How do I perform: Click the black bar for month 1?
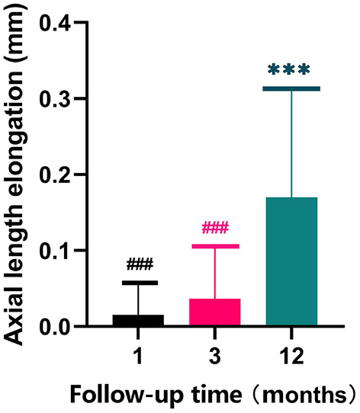138,321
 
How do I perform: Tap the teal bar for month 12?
291,262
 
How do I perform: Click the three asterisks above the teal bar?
290,71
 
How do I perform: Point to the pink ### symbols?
215,228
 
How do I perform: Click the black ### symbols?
140,264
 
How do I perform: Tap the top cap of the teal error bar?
291,89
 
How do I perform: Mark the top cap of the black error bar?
138,283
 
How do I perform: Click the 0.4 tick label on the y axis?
56,23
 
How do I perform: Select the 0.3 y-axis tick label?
56,99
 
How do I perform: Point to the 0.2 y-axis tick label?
56,175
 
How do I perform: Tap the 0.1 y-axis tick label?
56,251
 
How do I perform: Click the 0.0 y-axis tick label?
56,327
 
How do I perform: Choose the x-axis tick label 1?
139,356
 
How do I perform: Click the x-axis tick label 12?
291,356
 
